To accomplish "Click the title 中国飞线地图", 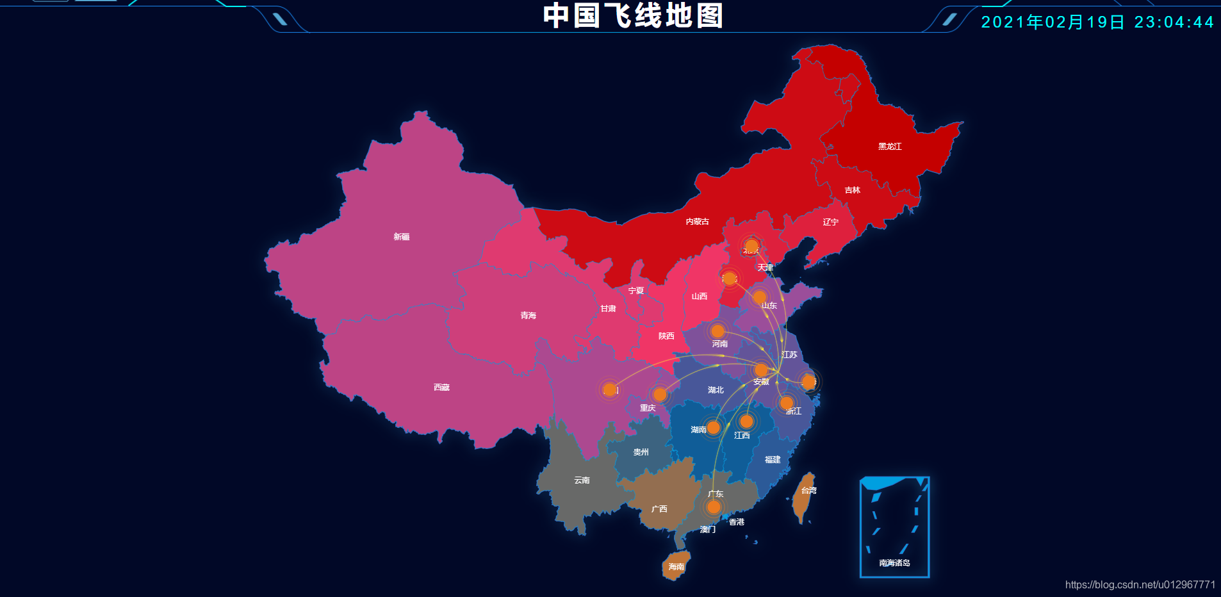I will click(633, 16).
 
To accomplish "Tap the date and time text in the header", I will click(1097, 22).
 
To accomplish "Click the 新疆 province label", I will click(402, 237).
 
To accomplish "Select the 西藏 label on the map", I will click(441, 388).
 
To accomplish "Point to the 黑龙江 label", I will click(890, 147).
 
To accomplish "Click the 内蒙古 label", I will click(697, 222).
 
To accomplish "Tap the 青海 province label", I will click(528, 316).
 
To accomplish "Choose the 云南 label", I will click(582, 480).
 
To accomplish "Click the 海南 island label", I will click(676, 567).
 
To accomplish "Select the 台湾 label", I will click(809, 491).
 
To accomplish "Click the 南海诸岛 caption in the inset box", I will click(894, 563).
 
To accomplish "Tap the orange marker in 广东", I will click(714, 507).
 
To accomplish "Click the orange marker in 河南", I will click(717, 331).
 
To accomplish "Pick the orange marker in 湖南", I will click(713, 427).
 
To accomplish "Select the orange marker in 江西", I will click(746, 421).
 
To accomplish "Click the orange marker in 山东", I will click(759, 297).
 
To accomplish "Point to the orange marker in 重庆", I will click(660, 394).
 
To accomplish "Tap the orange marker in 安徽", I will click(761, 370).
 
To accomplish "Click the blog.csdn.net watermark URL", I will click(1140, 585).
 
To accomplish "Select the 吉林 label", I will click(852, 190).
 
